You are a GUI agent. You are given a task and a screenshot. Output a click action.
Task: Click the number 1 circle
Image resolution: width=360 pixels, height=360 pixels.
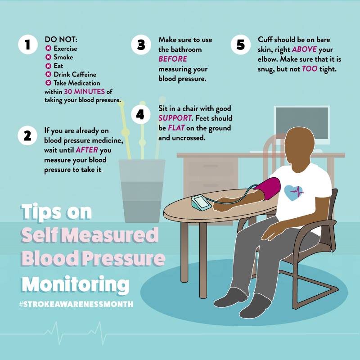click(x=28, y=44)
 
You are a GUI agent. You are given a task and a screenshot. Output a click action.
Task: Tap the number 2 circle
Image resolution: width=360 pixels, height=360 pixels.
click(x=27, y=135)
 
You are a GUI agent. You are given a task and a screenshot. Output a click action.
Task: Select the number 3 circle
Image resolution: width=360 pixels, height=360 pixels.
click(x=141, y=44)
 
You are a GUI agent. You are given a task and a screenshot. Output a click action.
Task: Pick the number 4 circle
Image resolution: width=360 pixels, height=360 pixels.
click(x=140, y=114)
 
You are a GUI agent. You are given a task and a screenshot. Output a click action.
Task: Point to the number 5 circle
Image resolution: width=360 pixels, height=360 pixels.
click(x=240, y=44)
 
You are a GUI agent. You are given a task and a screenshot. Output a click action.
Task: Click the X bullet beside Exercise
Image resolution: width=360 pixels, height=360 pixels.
click(x=48, y=49)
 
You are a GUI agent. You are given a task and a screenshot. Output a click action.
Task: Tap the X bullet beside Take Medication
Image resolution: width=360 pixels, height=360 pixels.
click(x=48, y=83)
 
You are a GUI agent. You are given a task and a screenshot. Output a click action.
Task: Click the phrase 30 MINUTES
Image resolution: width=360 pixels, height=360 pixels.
click(x=84, y=92)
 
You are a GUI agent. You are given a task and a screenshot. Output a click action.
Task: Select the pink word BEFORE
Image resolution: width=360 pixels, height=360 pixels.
click(x=173, y=59)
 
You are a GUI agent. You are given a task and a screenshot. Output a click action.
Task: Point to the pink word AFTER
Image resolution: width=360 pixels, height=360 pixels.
click(x=87, y=150)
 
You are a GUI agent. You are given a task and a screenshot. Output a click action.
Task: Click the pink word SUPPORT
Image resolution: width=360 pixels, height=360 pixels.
click(x=175, y=118)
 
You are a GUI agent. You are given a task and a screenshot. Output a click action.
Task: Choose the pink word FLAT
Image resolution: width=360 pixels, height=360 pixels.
click(x=176, y=128)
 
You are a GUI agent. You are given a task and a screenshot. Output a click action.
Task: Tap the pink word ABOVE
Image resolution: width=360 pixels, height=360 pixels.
click(x=304, y=49)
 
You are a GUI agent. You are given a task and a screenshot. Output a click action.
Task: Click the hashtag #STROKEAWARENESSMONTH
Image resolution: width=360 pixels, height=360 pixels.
click(x=76, y=304)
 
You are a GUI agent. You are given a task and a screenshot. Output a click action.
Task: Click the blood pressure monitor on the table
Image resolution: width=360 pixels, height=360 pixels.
click(x=201, y=202)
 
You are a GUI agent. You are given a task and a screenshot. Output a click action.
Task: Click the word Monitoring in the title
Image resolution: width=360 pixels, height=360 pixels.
click(x=76, y=284)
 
